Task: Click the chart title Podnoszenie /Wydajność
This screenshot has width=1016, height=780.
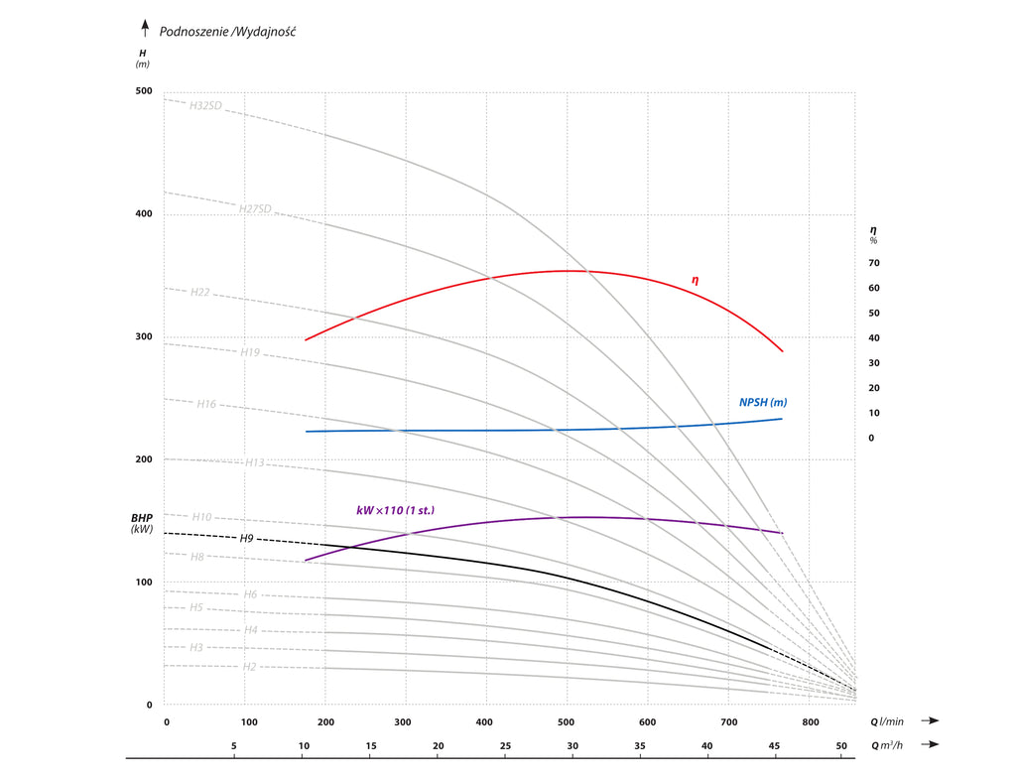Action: click(x=227, y=31)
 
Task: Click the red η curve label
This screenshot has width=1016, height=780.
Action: click(x=695, y=281)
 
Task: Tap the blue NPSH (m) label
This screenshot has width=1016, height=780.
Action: click(x=763, y=402)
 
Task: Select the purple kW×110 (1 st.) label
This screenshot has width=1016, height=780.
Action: click(x=395, y=510)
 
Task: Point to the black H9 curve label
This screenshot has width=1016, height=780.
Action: click(x=247, y=538)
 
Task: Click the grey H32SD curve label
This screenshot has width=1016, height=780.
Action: click(x=205, y=105)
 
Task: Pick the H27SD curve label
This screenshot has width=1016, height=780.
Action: click(x=255, y=208)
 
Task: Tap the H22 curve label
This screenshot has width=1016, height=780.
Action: click(x=199, y=292)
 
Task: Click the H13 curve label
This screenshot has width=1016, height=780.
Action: click(x=255, y=462)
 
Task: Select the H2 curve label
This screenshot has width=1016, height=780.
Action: click(x=250, y=666)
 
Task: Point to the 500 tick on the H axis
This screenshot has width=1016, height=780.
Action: click(x=144, y=91)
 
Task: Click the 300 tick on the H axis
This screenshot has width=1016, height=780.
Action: click(x=144, y=337)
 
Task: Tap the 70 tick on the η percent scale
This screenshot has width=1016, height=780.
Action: click(x=874, y=263)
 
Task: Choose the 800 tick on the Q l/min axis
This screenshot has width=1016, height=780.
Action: click(x=811, y=721)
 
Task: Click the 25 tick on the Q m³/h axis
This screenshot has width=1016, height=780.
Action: click(x=505, y=745)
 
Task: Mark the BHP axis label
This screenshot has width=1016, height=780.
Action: click(x=142, y=518)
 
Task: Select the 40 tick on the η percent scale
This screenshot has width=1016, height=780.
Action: click(x=874, y=338)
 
